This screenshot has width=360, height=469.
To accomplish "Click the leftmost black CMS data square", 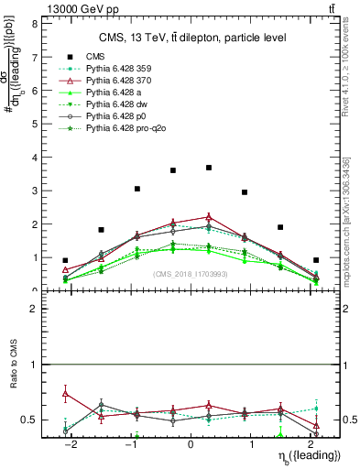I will coord(65,260).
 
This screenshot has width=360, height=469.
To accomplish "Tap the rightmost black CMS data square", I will coord(316,260).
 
